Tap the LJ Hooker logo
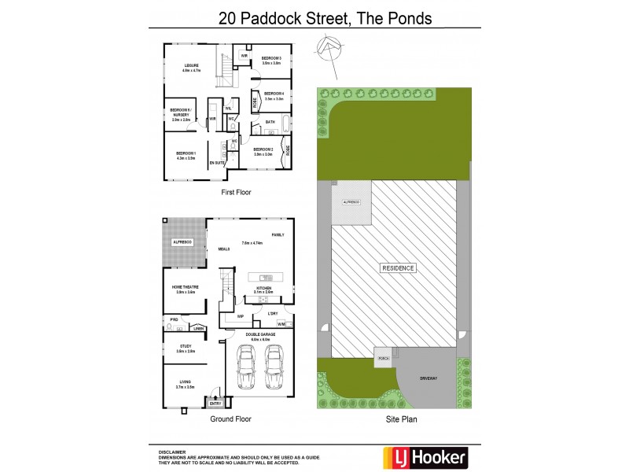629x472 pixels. click(x=425, y=456)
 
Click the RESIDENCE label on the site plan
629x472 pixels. click(x=398, y=268)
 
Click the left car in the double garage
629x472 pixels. click(x=246, y=369)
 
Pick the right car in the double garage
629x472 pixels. click(x=273, y=369)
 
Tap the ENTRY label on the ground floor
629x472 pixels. click(x=215, y=403)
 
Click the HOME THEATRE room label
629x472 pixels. click(x=185, y=287)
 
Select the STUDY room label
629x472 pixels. click(x=186, y=346)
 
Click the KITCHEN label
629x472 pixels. click(x=263, y=288)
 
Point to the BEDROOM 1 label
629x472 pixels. click(x=186, y=153)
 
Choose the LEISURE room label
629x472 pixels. click(x=191, y=65)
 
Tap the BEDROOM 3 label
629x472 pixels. click(x=271, y=58)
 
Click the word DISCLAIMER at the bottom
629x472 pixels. click(x=172, y=452)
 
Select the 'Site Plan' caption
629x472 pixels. click(x=401, y=419)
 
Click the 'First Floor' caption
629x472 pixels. click(x=236, y=192)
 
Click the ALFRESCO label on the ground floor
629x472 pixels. click(x=182, y=242)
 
